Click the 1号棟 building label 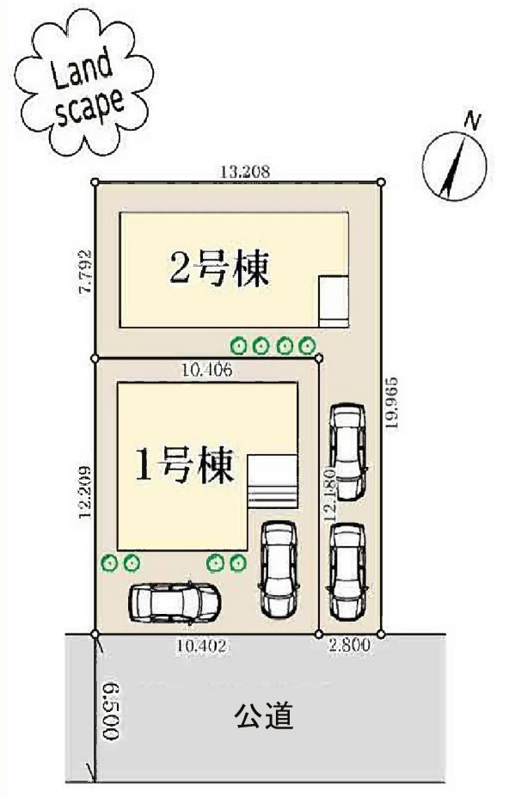coord(184,467)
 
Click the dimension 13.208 coord(246,172)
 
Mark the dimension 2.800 coord(349,646)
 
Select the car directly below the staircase coord(278,568)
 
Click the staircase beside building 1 coord(272,483)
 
